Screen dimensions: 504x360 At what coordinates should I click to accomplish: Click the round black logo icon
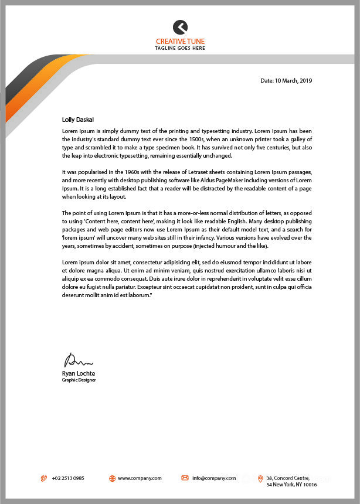(180, 27)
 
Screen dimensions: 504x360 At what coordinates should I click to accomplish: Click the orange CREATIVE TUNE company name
(180, 41)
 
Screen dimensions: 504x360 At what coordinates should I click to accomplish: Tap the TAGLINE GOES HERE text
(180, 48)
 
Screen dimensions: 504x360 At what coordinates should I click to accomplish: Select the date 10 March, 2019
(293, 80)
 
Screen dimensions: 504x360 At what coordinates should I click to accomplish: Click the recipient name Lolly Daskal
(78, 120)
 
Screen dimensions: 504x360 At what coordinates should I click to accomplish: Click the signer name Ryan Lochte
(78, 373)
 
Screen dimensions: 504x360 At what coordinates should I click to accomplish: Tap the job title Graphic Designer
(79, 380)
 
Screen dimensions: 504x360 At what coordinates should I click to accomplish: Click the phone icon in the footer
(43, 478)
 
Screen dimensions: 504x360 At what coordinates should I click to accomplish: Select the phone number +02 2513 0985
(68, 478)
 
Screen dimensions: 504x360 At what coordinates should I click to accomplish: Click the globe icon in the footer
(112, 478)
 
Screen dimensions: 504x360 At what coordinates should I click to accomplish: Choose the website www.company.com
(140, 478)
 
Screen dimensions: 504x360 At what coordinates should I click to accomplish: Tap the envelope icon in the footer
(185, 478)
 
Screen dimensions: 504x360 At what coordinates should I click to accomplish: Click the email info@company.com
(214, 478)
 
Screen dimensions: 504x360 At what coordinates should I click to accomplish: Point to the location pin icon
(260, 479)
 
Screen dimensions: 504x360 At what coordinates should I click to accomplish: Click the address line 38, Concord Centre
(287, 478)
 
